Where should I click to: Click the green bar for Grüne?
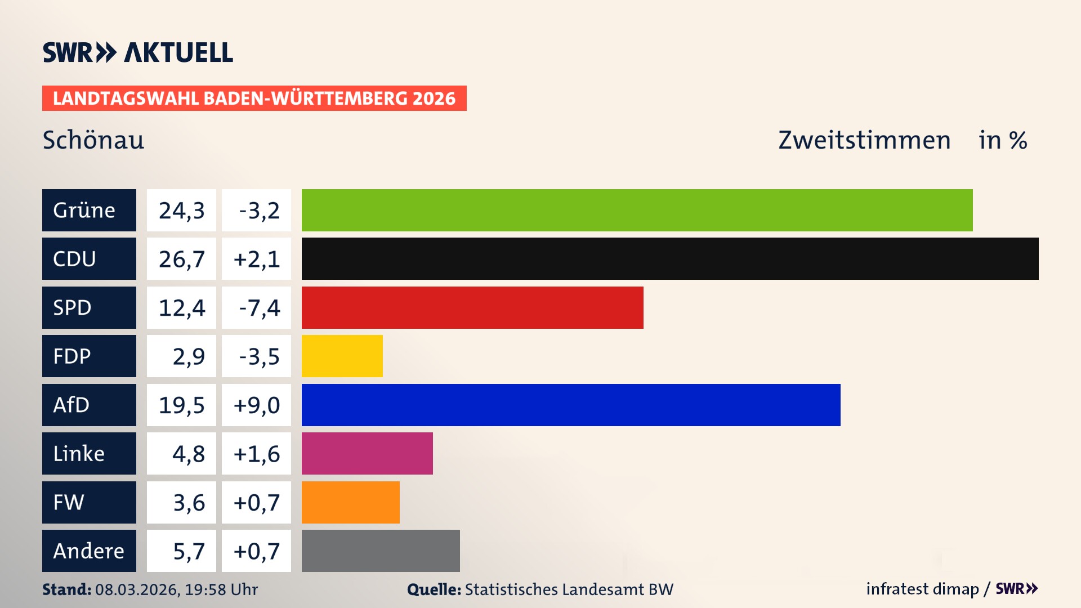(x=637, y=210)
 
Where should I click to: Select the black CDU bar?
(x=670, y=258)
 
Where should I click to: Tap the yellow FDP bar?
(x=342, y=356)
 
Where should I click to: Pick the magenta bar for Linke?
(x=367, y=453)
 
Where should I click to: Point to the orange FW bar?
(x=350, y=502)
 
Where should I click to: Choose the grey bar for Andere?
(x=381, y=551)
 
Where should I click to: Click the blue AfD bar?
(x=571, y=405)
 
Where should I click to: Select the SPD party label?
(x=89, y=307)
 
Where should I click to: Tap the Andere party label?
(x=89, y=551)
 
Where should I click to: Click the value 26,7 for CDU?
(x=181, y=259)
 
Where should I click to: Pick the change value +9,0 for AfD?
(x=256, y=405)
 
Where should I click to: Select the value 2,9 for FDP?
(x=188, y=356)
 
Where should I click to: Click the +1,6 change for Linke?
(x=256, y=454)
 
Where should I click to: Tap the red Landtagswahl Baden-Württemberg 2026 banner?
(x=254, y=99)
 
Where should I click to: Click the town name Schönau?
(x=93, y=140)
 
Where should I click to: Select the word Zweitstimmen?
(x=864, y=140)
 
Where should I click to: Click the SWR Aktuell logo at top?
(x=138, y=52)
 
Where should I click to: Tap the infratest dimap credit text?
(x=922, y=589)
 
